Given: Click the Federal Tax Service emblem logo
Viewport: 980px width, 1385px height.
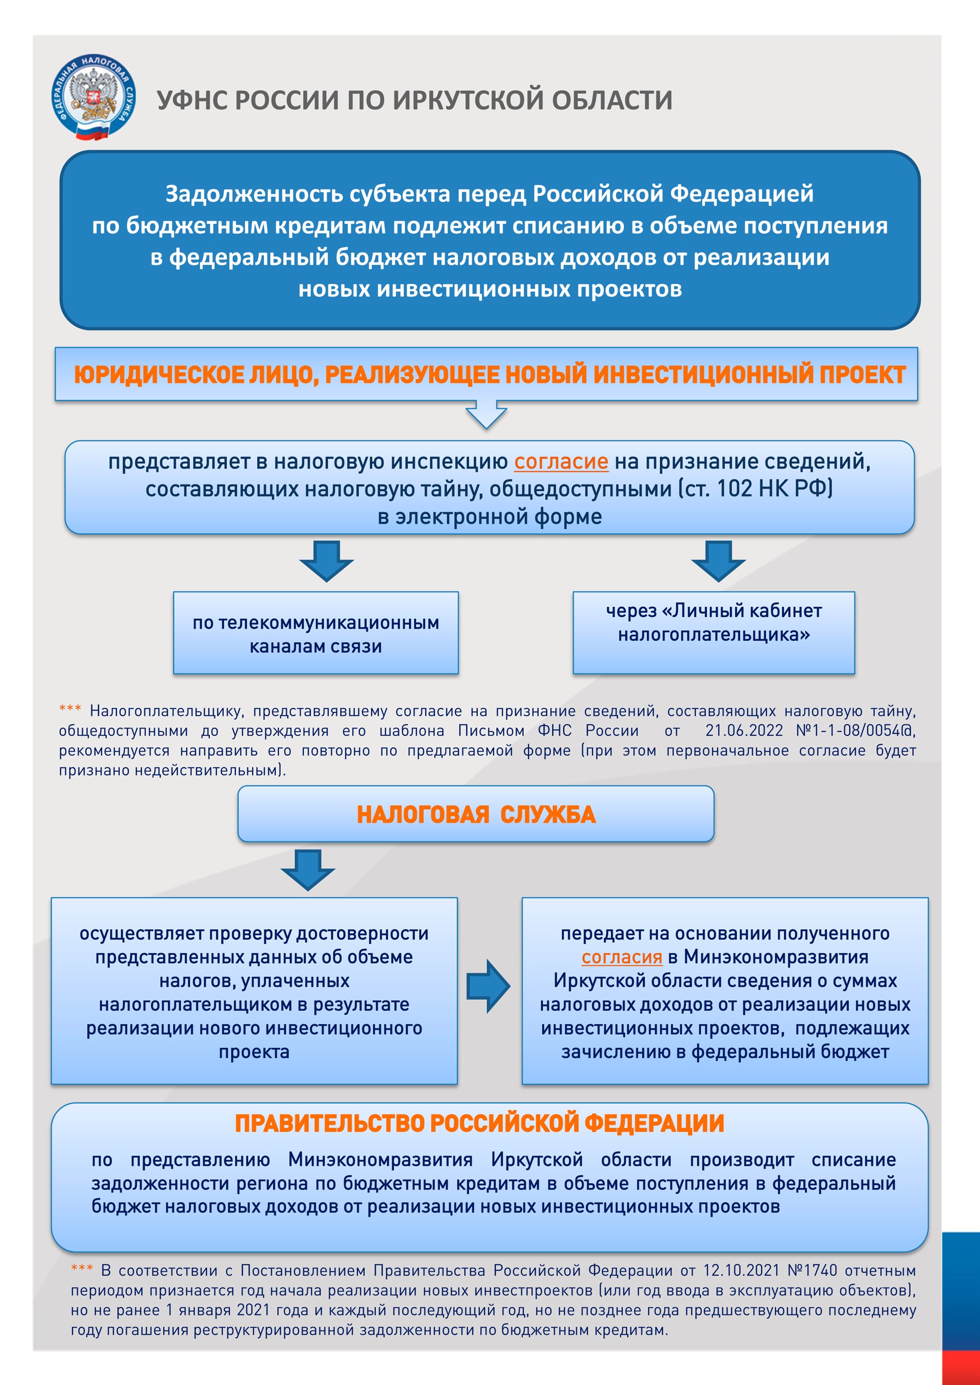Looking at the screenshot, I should pos(93,97).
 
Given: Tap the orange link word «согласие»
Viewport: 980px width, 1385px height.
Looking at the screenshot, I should pos(560,462).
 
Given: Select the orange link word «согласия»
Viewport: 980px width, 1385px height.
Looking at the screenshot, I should pos(622,958).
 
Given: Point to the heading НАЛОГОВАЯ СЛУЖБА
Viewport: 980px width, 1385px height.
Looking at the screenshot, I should pos(476,814).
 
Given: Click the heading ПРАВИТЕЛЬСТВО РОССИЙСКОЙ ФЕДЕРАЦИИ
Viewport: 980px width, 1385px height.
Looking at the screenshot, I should pos(479,1123).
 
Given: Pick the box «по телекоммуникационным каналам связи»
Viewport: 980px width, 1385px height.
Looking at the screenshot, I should pos(315,634).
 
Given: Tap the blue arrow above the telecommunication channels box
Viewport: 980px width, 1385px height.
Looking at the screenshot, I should pos(327,561).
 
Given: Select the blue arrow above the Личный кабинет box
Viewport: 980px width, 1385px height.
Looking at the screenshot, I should pos(718,561).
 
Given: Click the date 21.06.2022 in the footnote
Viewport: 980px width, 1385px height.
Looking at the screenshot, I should pos(744,731).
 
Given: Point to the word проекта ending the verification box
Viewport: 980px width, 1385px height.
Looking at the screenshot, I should pos(254,1051).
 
